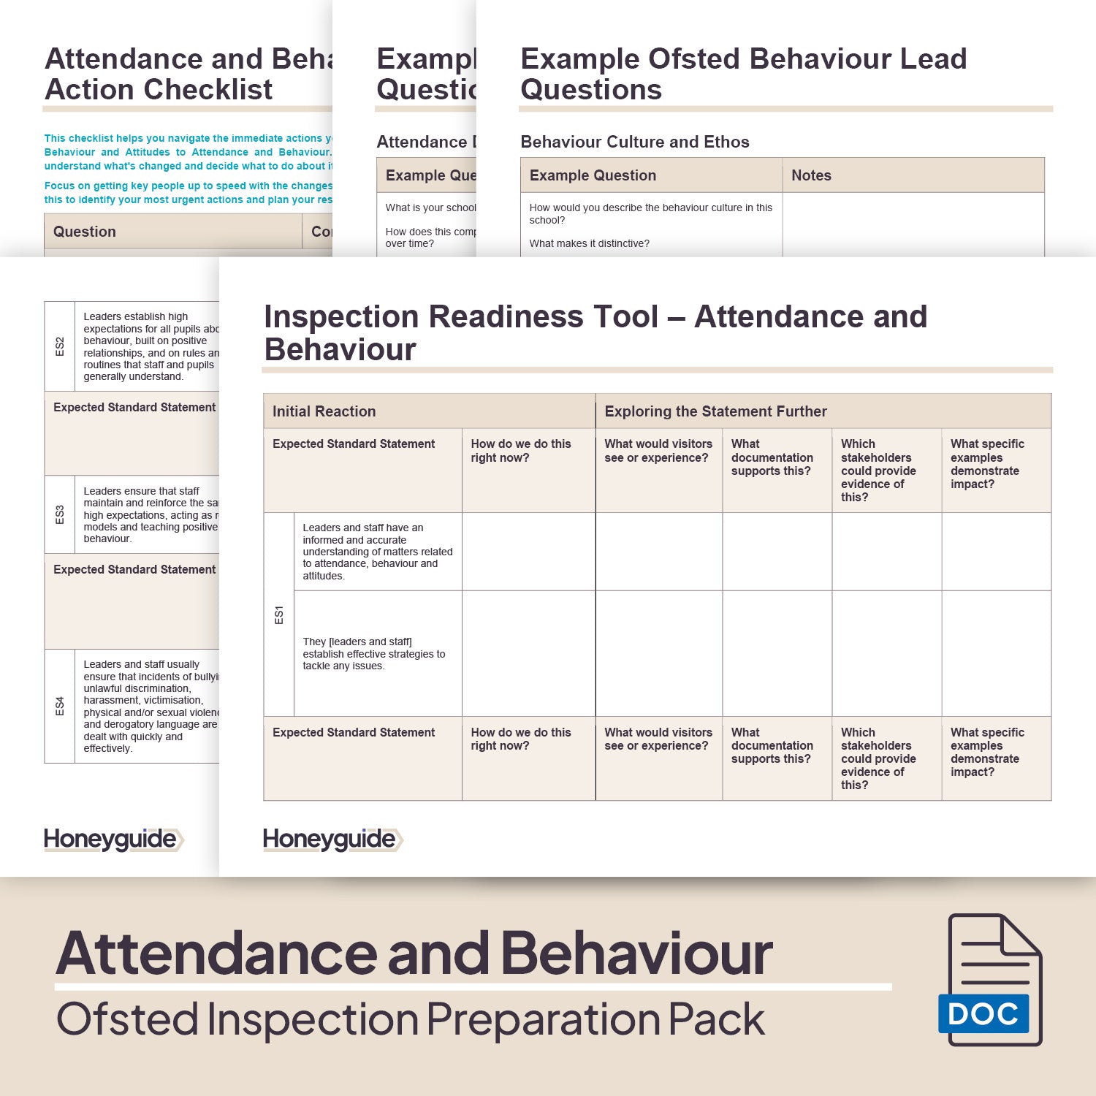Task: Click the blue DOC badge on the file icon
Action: coord(983,1013)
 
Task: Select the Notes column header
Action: coord(811,175)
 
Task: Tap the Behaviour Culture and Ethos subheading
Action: coord(634,142)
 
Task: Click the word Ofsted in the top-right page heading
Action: coord(693,58)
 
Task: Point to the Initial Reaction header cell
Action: coord(324,411)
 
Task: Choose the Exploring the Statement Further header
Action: coord(715,411)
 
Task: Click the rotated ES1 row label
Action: coord(278,614)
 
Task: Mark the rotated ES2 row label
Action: coord(60,346)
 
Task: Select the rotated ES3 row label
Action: coord(60,514)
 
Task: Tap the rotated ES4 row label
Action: coord(60,706)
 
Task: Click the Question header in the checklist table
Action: coord(85,232)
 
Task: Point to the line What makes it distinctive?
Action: coord(589,243)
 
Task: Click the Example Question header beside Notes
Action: coord(593,175)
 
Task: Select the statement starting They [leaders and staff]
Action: coord(373,653)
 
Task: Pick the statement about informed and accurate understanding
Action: coord(377,552)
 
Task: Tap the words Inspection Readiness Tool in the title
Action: coord(461,317)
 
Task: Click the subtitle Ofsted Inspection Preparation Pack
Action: coord(411,1019)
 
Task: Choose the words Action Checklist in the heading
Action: coord(159,90)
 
